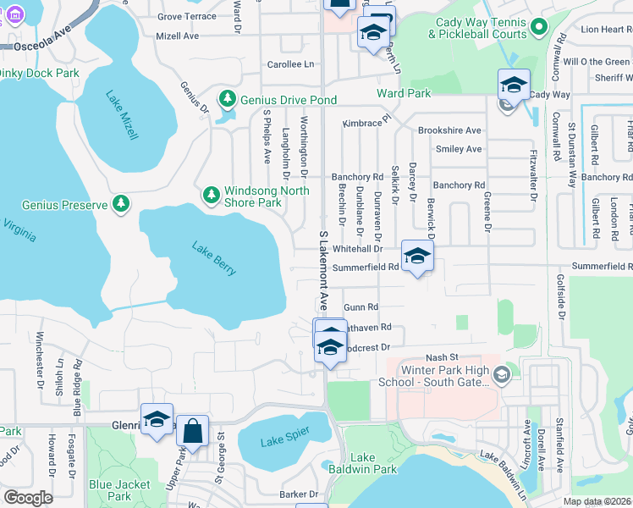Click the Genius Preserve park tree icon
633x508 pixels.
coord(122,204)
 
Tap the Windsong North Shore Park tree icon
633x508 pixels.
coord(212,196)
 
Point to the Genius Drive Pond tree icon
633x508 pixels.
coord(227,100)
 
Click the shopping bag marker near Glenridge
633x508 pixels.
coord(193,430)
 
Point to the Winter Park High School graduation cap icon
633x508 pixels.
coord(502,374)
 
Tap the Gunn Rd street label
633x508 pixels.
coord(361,307)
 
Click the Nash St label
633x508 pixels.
coord(441,357)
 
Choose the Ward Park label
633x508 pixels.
coord(404,93)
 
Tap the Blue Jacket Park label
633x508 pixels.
coord(119,490)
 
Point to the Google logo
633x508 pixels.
coord(27,498)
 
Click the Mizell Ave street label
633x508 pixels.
coord(178,36)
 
